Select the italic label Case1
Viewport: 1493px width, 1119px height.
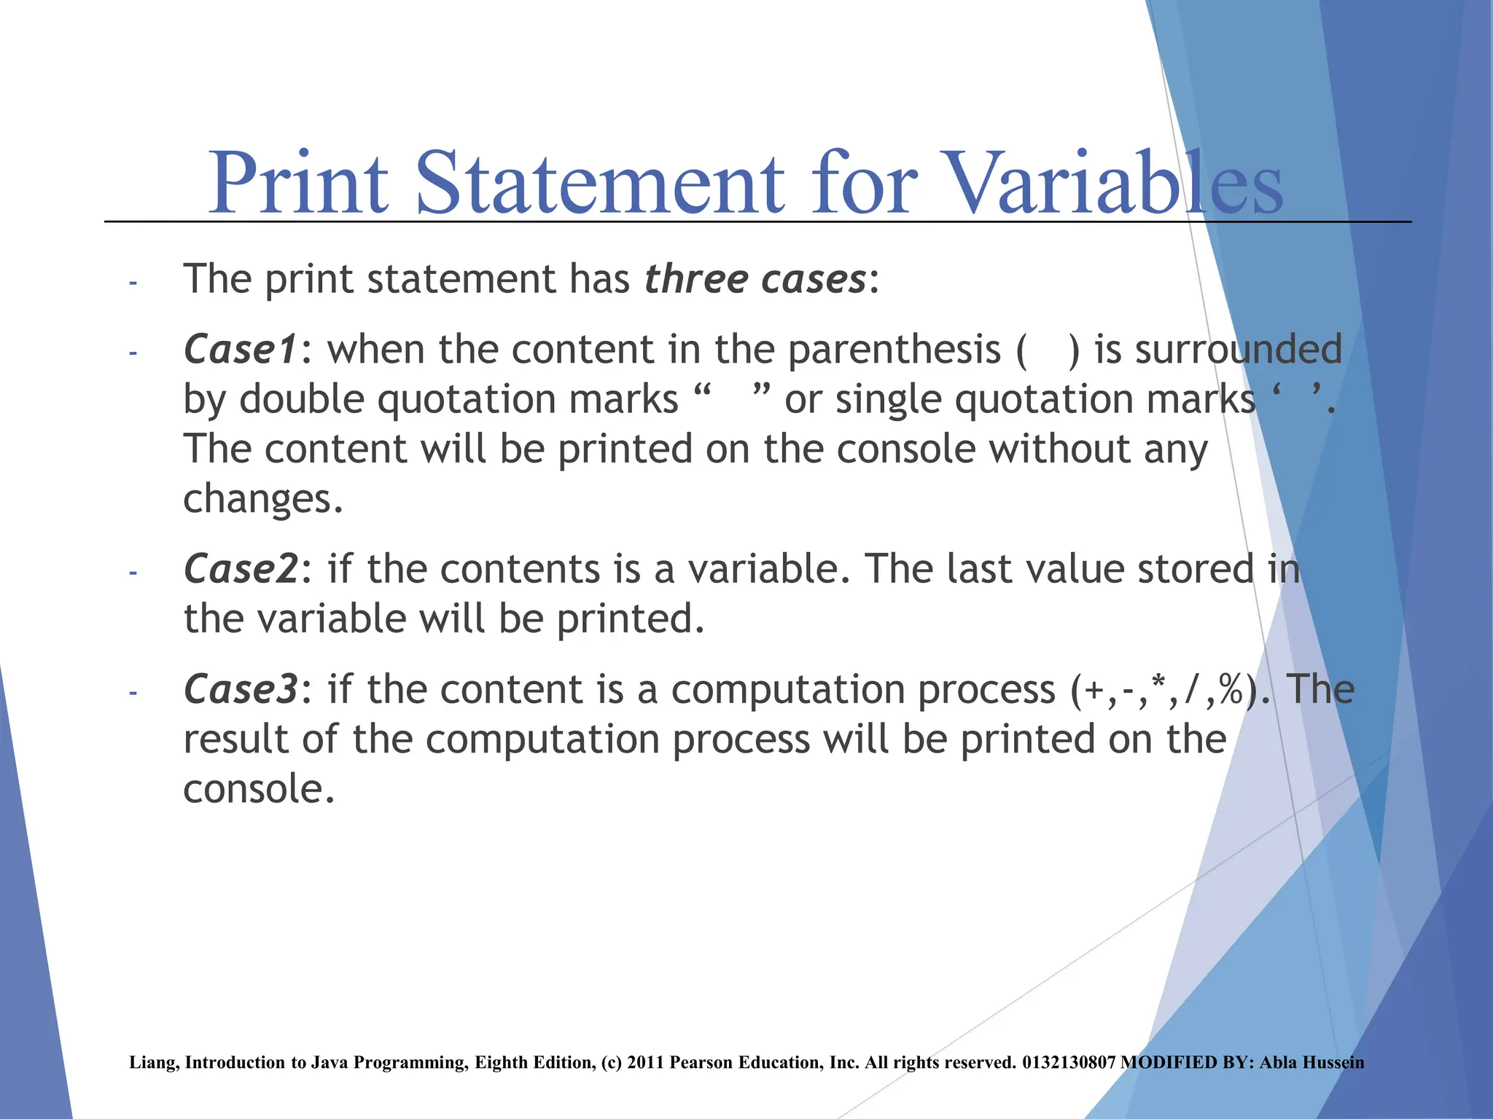click(x=240, y=350)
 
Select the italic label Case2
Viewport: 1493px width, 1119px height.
click(x=240, y=569)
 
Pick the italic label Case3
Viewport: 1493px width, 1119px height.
click(x=240, y=689)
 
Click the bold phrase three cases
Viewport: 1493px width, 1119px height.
click(x=755, y=279)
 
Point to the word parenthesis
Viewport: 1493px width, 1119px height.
click(x=894, y=350)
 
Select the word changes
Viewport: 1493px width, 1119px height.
click(x=262, y=499)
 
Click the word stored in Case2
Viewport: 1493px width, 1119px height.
click(x=1195, y=569)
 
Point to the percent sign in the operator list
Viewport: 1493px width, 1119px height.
click(x=1231, y=690)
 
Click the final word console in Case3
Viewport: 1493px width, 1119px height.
click(x=258, y=789)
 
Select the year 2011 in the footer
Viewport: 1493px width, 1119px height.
click(x=644, y=1063)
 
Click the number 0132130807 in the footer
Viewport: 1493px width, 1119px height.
click(x=1069, y=1063)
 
